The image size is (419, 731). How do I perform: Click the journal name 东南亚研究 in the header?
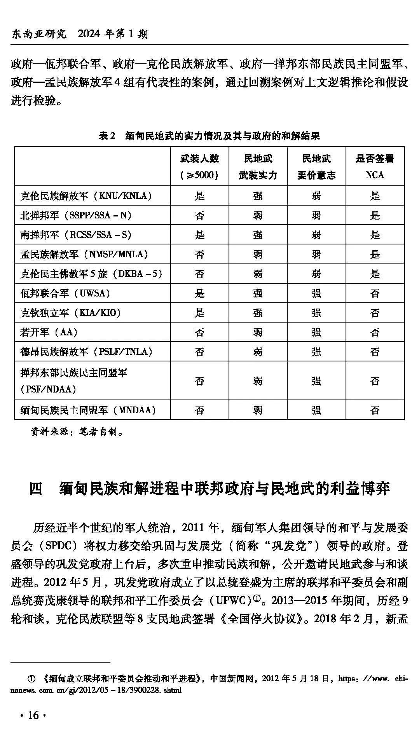(x=39, y=34)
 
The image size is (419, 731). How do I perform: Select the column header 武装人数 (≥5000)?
(x=199, y=166)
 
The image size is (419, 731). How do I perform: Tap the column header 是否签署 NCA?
(x=375, y=166)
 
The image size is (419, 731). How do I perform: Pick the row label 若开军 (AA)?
(x=49, y=332)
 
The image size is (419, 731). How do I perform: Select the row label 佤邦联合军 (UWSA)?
(x=65, y=293)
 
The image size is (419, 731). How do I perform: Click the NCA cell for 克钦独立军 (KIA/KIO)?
(x=375, y=313)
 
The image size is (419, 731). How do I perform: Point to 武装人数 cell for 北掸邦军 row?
(x=199, y=215)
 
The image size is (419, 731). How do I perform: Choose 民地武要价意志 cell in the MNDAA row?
(x=316, y=410)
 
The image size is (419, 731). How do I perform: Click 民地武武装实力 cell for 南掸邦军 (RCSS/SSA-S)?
(x=258, y=235)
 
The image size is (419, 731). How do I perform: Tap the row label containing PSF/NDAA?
(x=74, y=381)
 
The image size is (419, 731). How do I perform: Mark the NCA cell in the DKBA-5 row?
(x=375, y=274)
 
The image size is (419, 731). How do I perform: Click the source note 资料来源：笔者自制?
(x=78, y=432)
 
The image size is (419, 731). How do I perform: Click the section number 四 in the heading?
(x=36, y=488)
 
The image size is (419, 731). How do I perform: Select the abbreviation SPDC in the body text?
(x=61, y=546)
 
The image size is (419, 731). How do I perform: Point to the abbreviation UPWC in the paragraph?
(x=232, y=600)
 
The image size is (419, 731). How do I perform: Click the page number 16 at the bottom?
(x=33, y=715)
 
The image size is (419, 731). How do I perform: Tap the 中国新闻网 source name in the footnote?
(x=232, y=679)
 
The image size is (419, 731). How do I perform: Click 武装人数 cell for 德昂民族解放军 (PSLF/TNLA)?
(x=199, y=352)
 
